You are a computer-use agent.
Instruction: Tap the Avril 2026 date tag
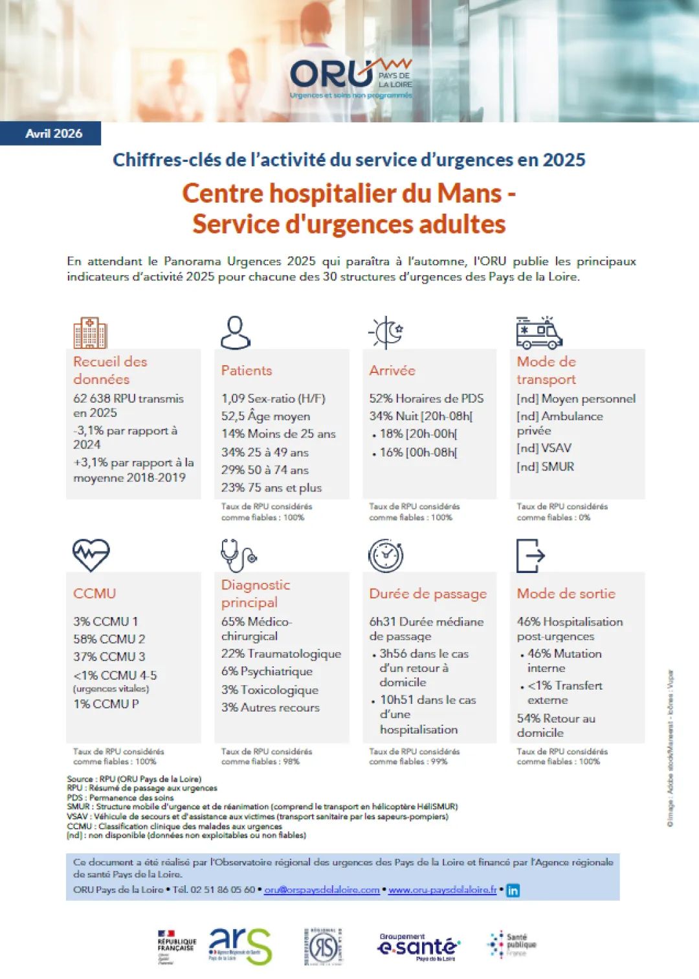54,133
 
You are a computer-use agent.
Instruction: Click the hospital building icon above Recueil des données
90,333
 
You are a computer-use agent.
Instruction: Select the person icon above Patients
236,333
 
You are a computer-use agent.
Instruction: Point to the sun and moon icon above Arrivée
386,333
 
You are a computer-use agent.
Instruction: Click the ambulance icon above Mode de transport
538,333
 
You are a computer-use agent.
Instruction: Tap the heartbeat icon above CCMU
91,555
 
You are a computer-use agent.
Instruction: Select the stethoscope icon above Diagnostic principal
238,555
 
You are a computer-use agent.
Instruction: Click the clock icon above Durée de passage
386,555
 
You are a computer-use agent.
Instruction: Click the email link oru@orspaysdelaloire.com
322,890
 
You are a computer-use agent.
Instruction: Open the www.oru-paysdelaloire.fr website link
443,890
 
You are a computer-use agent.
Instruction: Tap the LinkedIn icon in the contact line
513,890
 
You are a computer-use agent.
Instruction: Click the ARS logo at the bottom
240,946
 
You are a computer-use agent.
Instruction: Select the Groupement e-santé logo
418,947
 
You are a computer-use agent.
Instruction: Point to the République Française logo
177,947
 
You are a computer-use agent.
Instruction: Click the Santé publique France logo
511,945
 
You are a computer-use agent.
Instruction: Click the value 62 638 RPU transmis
128,399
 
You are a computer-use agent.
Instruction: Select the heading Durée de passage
428,594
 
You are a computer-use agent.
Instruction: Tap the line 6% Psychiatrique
267,671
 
